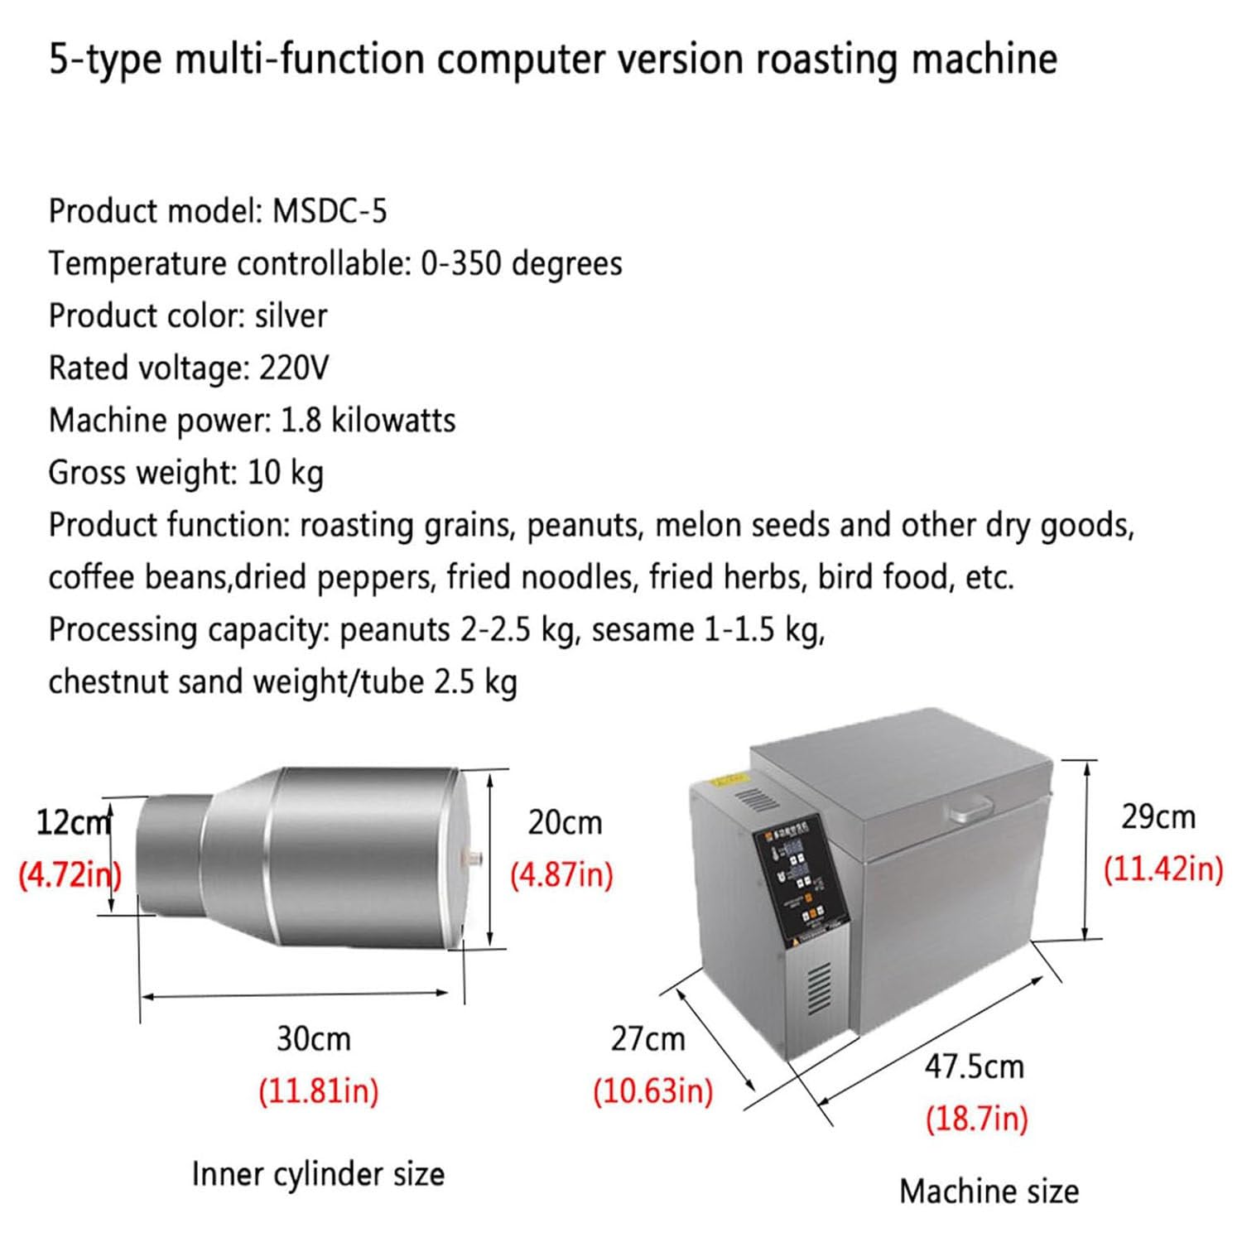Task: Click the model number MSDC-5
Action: click(x=330, y=211)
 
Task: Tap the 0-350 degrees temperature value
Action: click(x=521, y=263)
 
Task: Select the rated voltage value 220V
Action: click(x=293, y=368)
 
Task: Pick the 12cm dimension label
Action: click(x=73, y=823)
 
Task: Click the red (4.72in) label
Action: click(x=70, y=874)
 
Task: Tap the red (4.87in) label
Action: click(x=561, y=874)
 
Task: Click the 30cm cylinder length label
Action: click(x=313, y=1038)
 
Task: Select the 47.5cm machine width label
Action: click(x=974, y=1066)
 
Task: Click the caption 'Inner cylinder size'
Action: click(x=318, y=1173)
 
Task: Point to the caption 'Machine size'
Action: click(x=989, y=1191)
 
